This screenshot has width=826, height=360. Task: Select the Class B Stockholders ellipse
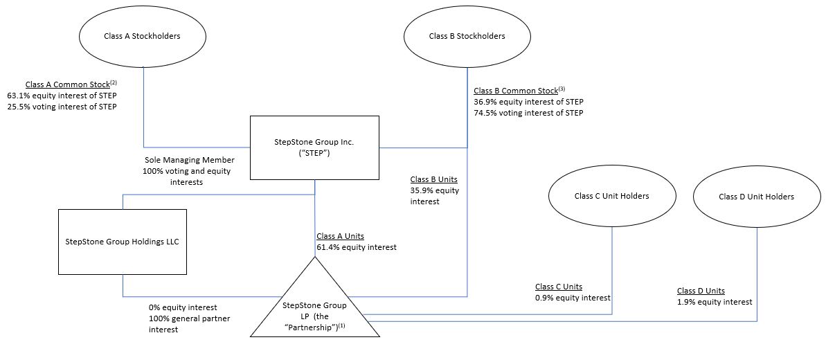pyautogui.click(x=467, y=36)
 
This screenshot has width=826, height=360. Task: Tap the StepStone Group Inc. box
pyautogui.click(x=314, y=146)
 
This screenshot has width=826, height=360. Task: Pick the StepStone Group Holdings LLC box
pyautogui.click(x=122, y=241)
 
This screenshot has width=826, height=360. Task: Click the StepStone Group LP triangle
pyautogui.click(x=315, y=312)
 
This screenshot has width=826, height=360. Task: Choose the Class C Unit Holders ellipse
pyautogui.click(x=611, y=196)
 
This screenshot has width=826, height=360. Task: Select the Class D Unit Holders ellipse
pyautogui.click(x=756, y=197)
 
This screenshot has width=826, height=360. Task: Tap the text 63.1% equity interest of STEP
pyautogui.click(x=62, y=96)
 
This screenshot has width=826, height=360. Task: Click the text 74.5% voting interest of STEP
pyautogui.click(x=528, y=113)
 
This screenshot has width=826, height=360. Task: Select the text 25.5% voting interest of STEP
pyautogui.click(x=62, y=107)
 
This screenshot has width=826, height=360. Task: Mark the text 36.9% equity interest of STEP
pyautogui.click(x=528, y=102)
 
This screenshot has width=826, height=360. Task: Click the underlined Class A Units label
pyautogui.click(x=340, y=236)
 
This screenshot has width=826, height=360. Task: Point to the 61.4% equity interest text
pyautogui.click(x=357, y=247)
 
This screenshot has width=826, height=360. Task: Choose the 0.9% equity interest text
pyautogui.click(x=573, y=298)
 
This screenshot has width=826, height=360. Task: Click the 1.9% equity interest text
pyautogui.click(x=714, y=302)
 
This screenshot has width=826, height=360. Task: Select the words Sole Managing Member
pyautogui.click(x=188, y=160)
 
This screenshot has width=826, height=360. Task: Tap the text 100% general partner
pyautogui.click(x=189, y=318)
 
